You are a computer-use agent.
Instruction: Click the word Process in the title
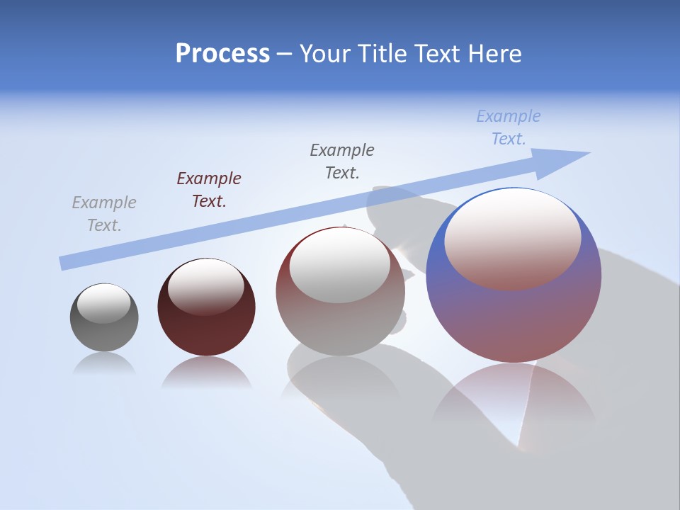pyautogui.click(x=222, y=54)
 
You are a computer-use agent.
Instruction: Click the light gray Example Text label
pyautogui.click(x=104, y=214)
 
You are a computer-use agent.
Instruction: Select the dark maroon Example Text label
pyautogui.click(x=209, y=190)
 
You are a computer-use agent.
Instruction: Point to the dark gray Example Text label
pyautogui.click(x=342, y=161)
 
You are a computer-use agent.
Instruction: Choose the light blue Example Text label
pyautogui.click(x=509, y=127)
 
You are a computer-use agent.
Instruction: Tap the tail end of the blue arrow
pyautogui.click(x=65, y=263)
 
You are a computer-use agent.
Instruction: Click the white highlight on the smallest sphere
pyautogui.click(x=104, y=303)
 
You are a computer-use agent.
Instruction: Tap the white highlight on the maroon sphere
pyautogui.click(x=206, y=287)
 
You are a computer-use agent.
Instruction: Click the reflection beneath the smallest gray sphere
pyautogui.click(x=104, y=364)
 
